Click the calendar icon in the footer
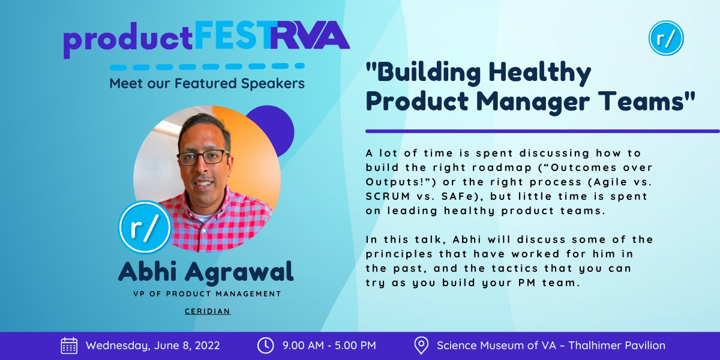click(x=69, y=346)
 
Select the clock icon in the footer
click(x=265, y=346)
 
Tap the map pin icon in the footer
click(x=421, y=346)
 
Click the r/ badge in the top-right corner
click(x=666, y=38)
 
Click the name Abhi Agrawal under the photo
click(x=206, y=272)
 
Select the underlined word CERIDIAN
click(x=207, y=311)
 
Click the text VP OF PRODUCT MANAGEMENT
click(x=207, y=294)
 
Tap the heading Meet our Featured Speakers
click(x=207, y=83)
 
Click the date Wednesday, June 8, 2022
click(x=152, y=346)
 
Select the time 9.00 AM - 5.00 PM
click(x=329, y=346)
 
